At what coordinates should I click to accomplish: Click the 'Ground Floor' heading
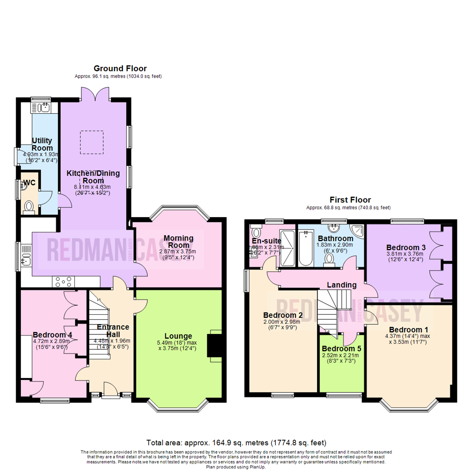[x=120, y=68]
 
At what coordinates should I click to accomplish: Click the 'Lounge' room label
[x=178, y=336]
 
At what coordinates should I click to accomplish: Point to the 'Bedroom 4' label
[x=52, y=335]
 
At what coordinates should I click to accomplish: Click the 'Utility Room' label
[x=42, y=145]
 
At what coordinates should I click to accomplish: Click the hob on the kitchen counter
[x=64, y=282]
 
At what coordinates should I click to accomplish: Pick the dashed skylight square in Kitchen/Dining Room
[x=91, y=142]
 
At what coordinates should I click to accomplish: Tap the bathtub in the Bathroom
[x=305, y=248]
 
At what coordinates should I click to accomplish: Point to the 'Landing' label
[x=342, y=285]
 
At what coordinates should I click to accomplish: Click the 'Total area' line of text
[x=236, y=442]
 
